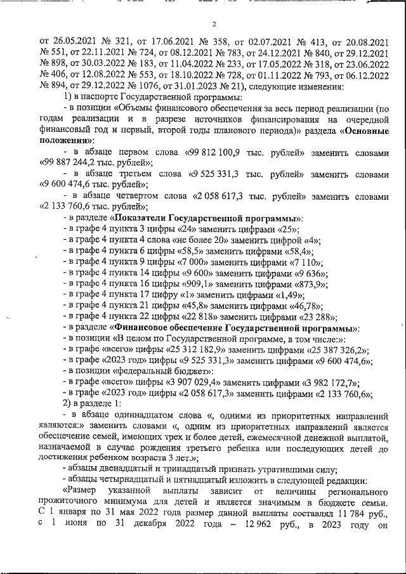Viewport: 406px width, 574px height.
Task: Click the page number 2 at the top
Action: click(215, 25)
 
